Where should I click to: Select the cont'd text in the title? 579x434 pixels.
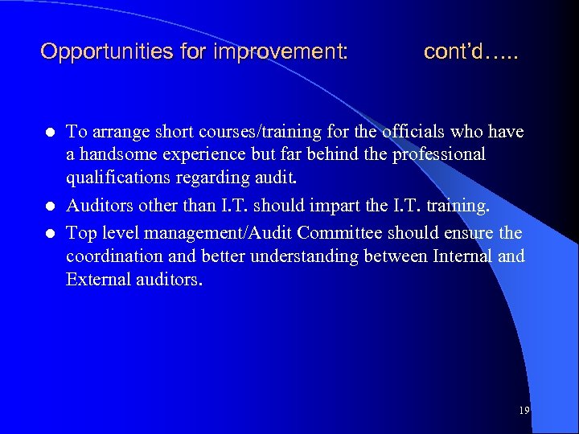tap(470, 52)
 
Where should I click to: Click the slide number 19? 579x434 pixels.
tap(524, 411)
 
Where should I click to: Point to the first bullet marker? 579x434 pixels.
tap(49, 132)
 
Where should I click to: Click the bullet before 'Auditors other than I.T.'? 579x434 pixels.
tap(49, 206)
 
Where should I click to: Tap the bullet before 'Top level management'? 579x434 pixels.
tap(49, 233)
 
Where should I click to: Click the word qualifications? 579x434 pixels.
tap(118, 177)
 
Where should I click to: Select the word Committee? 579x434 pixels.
tap(344, 233)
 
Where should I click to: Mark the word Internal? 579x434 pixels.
tap(462, 256)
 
